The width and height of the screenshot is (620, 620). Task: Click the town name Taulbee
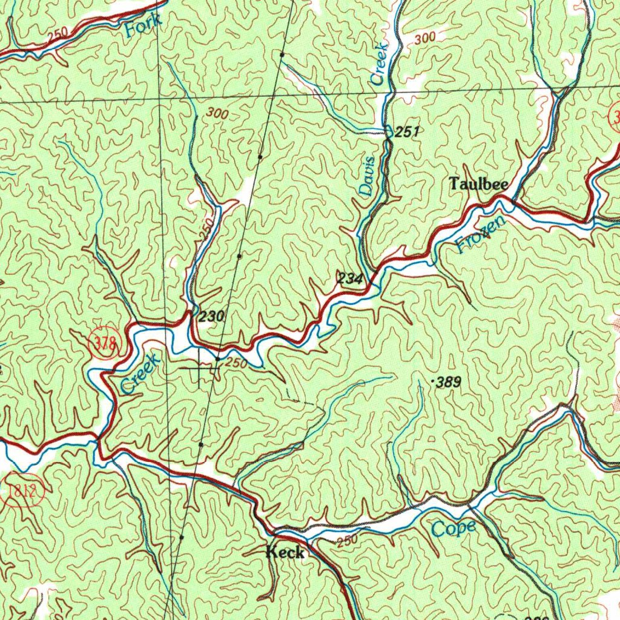coord(478,184)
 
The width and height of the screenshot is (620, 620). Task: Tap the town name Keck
coord(285,552)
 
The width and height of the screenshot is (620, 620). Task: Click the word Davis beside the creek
coord(368,176)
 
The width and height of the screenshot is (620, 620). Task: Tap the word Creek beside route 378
coord(140,374)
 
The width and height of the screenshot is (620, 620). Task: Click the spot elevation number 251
coord(407,131)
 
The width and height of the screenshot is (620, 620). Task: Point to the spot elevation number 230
coord(212,316)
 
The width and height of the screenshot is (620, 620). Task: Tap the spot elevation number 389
coord(449,382)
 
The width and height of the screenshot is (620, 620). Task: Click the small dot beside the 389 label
coord(431,382)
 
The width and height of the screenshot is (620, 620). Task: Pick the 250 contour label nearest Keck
coord(348,541)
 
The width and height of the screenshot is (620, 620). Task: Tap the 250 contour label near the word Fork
coord(58,36)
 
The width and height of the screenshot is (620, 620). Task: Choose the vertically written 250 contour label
coord(206,229)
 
